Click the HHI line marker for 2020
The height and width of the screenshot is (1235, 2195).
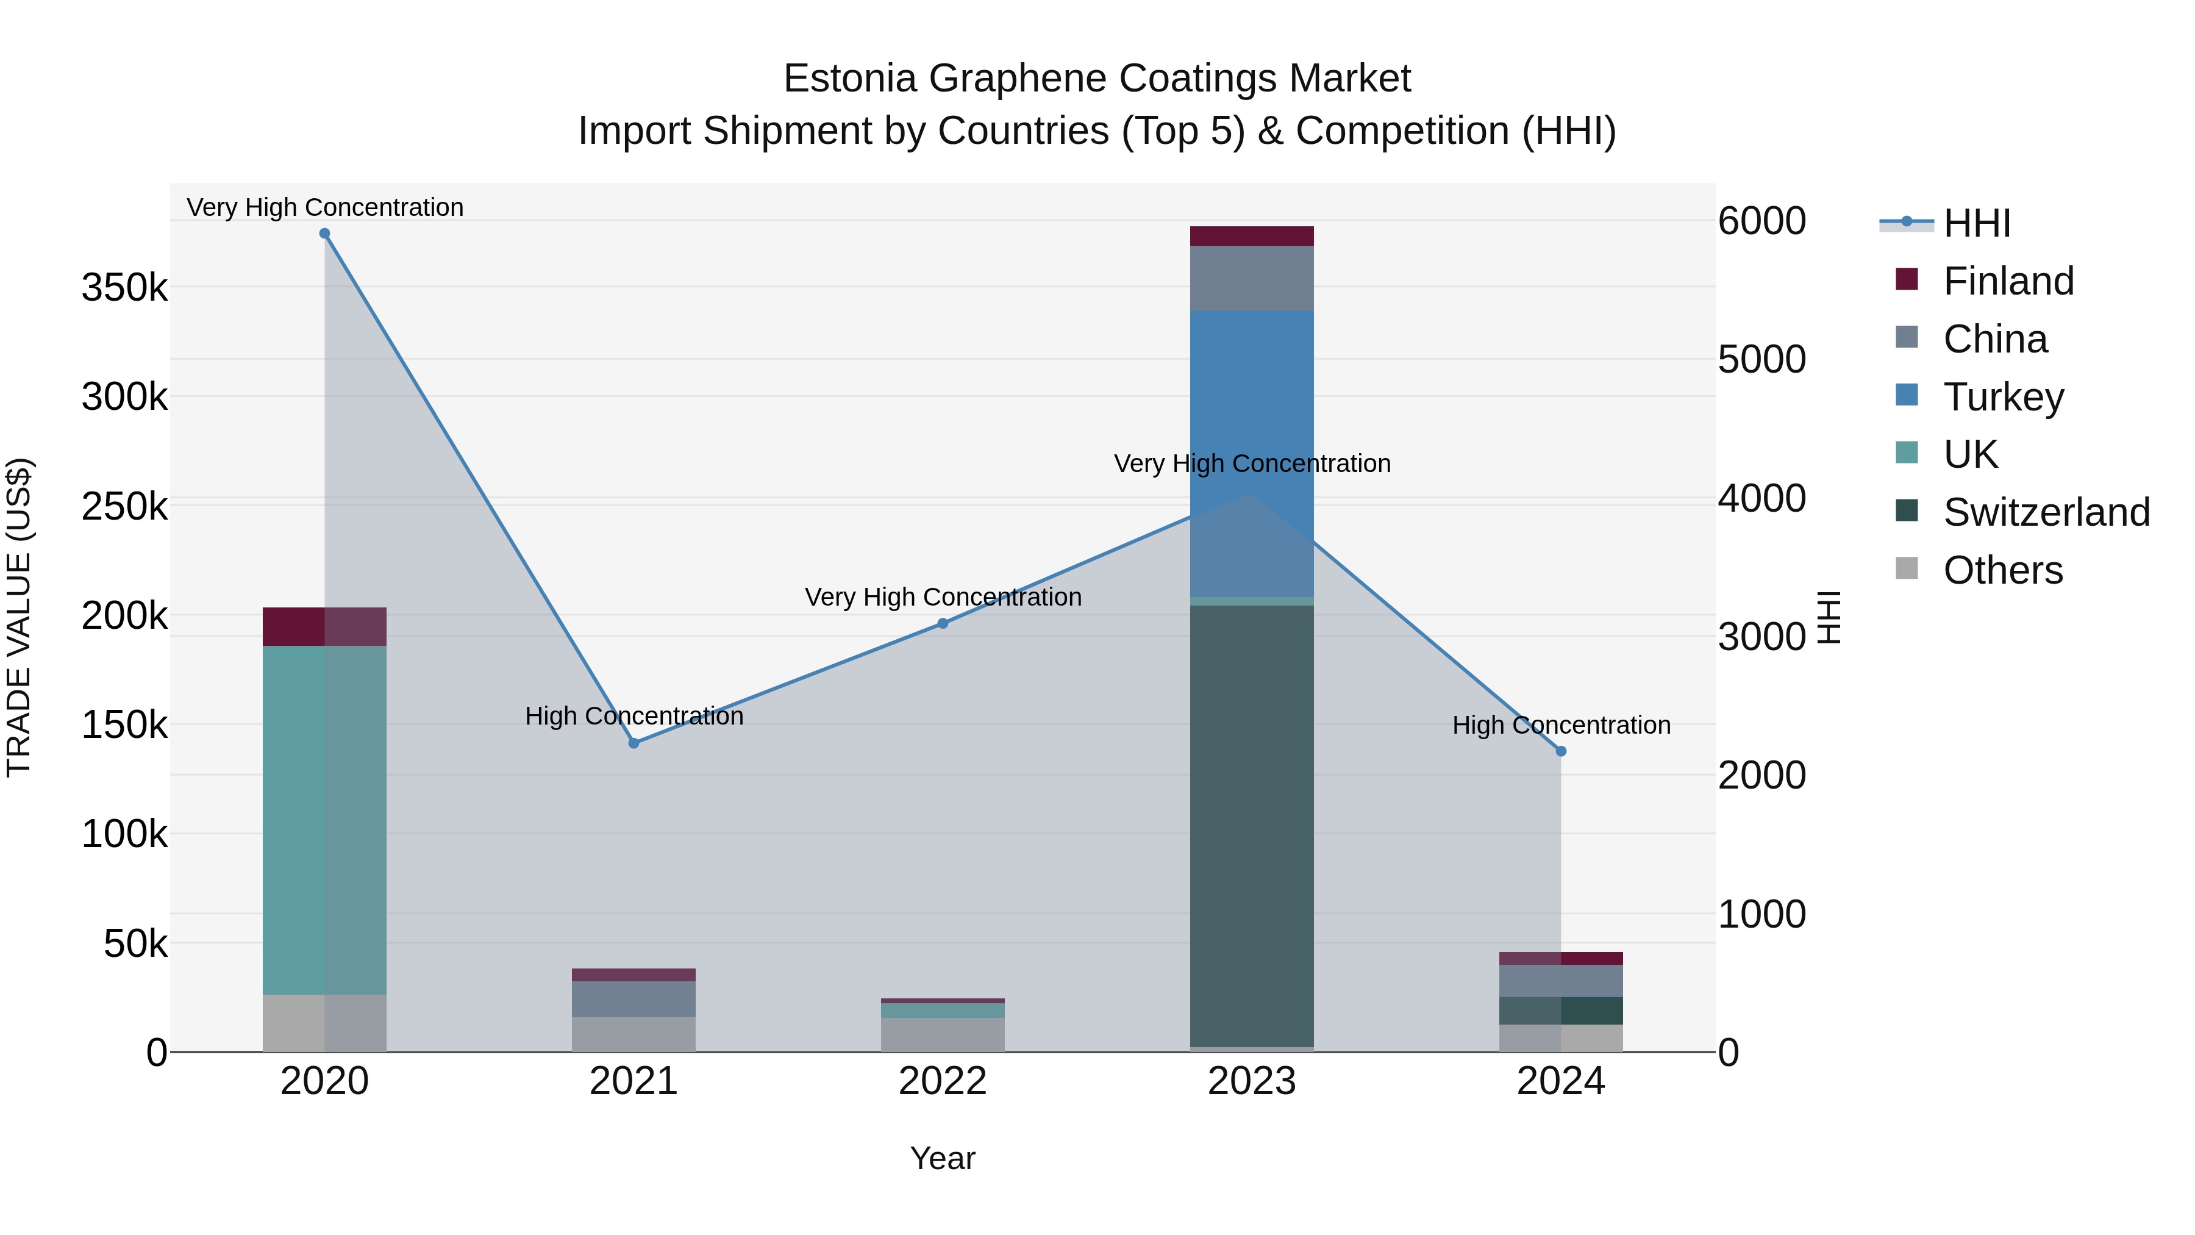pos(324,234)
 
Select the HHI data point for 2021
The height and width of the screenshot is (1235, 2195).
pos(634,743)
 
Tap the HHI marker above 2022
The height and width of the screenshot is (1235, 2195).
pos(943,624)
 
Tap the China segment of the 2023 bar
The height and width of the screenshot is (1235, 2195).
pos(1252,278)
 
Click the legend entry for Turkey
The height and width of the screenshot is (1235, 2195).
pos(2004,397)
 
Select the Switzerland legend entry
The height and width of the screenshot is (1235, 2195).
pos(2046,512)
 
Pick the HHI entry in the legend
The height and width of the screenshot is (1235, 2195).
pos(1976,223)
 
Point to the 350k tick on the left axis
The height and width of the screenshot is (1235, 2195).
pos(124,288)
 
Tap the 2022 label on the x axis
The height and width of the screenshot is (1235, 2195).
pos(943,1081)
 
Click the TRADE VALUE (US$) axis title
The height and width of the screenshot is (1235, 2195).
pos(19,617)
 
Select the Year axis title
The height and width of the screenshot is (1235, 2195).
pos(943,1158)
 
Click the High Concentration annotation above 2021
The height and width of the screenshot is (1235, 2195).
pos(634,716)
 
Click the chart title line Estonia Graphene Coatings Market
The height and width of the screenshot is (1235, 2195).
pos(1097,79)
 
